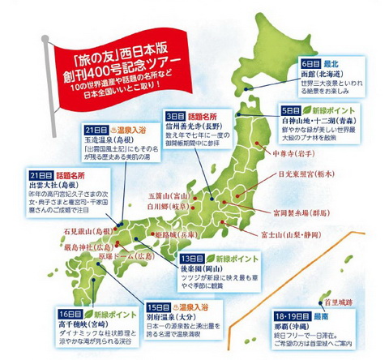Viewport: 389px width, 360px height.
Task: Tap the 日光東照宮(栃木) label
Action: click(x=327, y=174)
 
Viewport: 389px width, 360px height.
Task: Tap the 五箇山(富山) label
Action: click(x=167, y=195)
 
